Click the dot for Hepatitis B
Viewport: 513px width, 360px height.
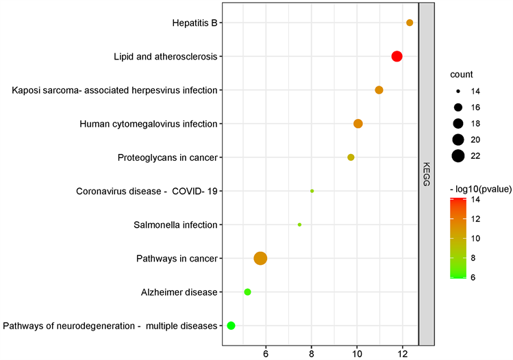410,23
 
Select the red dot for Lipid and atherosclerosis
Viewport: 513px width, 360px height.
397,56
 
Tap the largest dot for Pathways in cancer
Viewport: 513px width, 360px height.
260,258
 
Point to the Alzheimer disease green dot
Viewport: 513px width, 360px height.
247,292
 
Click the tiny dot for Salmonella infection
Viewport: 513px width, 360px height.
300,224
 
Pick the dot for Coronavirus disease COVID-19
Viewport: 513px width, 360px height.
312,191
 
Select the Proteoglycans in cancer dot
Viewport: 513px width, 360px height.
351,157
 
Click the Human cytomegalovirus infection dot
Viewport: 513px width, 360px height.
358,124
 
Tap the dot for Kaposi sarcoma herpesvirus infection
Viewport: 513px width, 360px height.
379,90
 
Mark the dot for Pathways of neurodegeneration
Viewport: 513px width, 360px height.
231,325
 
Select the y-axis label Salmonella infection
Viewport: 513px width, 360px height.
176,224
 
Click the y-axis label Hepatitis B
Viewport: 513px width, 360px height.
195,23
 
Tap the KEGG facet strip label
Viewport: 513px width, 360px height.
427,174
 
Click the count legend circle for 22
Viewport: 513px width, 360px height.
458,156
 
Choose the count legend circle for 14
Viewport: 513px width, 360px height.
458,91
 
